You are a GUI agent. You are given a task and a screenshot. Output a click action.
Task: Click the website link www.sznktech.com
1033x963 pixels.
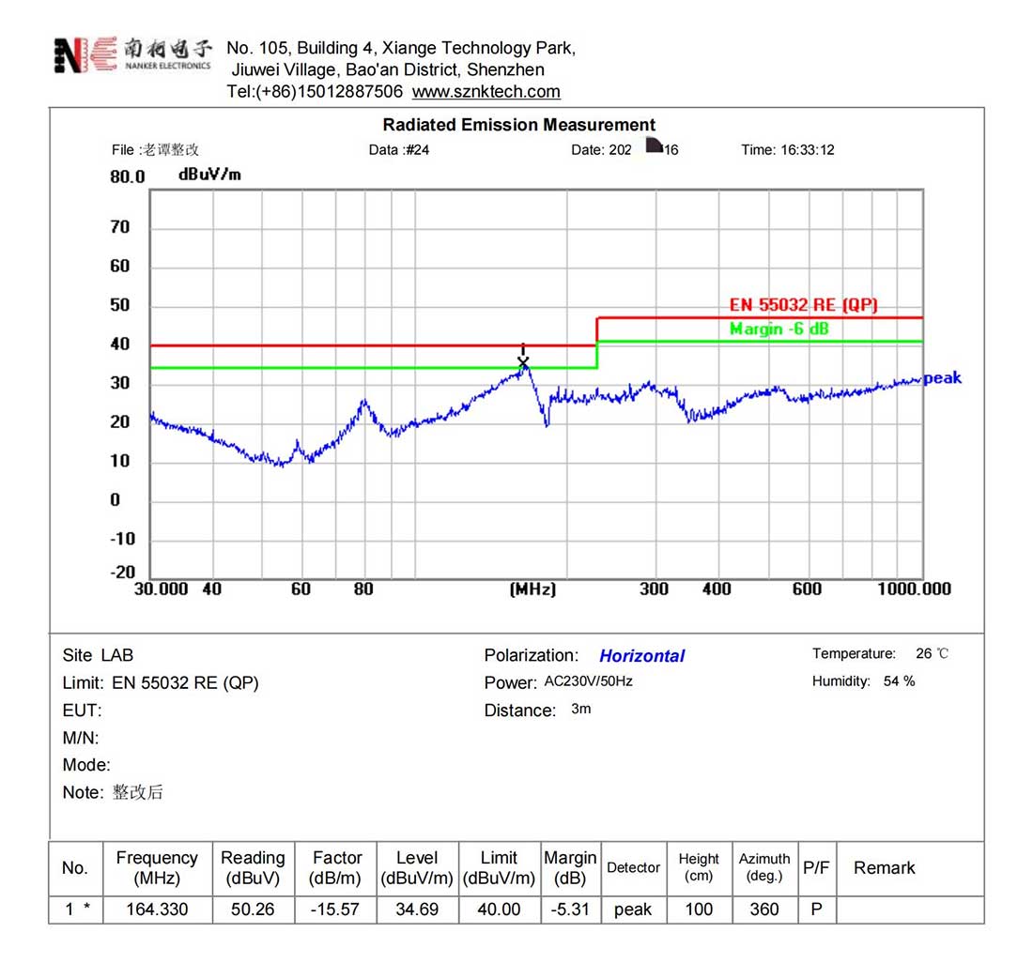486,92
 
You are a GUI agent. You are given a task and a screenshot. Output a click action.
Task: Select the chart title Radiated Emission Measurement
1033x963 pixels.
518,125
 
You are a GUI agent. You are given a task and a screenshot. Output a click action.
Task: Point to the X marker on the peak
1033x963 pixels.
523,362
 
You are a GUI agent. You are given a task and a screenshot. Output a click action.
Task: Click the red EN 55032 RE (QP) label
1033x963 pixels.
804,306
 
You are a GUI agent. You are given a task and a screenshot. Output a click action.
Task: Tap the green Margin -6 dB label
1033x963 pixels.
779,329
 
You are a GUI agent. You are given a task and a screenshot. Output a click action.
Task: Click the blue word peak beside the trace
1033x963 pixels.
942,378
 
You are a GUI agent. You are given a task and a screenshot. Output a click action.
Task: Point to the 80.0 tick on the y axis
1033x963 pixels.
128,177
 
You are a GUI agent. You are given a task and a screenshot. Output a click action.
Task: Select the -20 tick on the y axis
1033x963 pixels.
124,573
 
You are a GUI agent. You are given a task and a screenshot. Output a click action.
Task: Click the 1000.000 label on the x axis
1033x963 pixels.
915,589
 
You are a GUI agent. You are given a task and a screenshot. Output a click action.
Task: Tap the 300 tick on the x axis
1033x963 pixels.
654,589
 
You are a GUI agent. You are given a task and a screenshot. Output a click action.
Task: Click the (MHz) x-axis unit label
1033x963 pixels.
532,589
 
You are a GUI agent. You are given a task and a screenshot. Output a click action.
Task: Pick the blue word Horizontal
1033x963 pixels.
642,656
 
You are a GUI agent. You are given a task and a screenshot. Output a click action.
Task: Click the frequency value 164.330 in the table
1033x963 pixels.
157,909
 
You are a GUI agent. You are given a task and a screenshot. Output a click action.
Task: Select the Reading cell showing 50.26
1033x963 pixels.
253,909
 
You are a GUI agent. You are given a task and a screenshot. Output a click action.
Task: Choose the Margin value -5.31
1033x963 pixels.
569,909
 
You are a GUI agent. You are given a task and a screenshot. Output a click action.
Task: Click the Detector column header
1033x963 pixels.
633,868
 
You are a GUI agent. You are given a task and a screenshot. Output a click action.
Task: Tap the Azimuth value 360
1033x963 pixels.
764,909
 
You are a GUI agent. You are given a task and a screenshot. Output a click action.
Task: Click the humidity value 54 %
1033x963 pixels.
899,681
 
